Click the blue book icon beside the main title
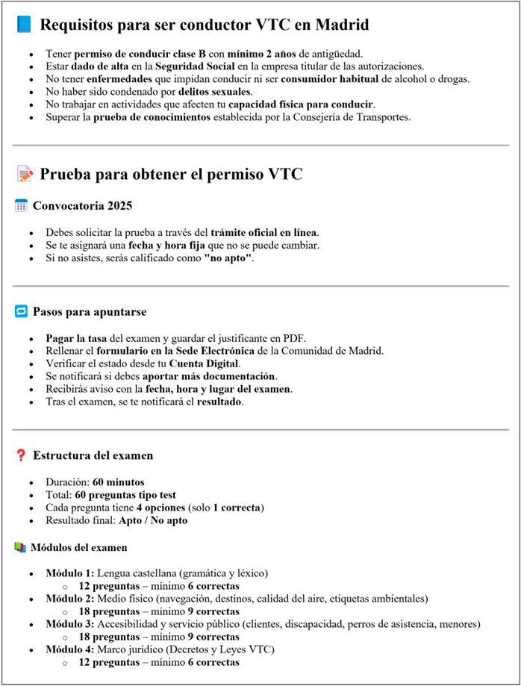(x=25, y=25)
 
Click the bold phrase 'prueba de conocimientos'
(x=153, y=117)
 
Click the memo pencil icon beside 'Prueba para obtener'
(x=25, y=175)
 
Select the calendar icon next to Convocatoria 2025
(x=22, y=205)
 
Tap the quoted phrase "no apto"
(x=228, y=258)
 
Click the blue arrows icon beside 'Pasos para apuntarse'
(x=22, y=311)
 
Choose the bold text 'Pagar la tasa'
(x=77, y=337)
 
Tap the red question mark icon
(x=22, y=455)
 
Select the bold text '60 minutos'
(x=119, y=481)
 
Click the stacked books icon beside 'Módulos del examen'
(x=20, y=547)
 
